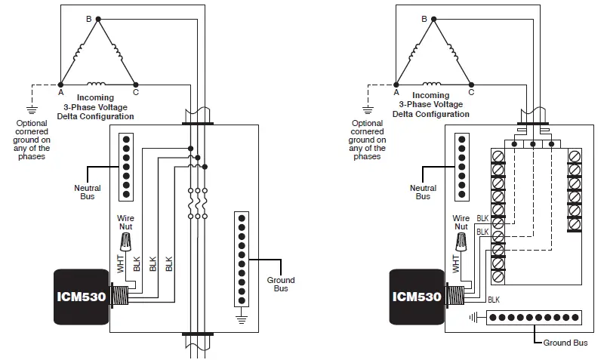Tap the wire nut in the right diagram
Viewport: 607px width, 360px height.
[462, 242]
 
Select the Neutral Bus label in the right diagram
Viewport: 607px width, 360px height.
[424, 192]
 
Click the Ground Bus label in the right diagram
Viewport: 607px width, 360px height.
[565, 343]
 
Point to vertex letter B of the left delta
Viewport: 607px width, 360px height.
[88, 17]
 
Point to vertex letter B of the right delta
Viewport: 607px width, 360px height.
[424, 17]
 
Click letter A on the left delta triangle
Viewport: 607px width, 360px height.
[60, 92]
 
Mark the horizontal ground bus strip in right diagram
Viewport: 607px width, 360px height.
[535, 318]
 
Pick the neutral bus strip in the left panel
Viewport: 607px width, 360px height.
[128, 168]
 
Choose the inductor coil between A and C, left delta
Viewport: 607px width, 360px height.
[96, 83]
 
